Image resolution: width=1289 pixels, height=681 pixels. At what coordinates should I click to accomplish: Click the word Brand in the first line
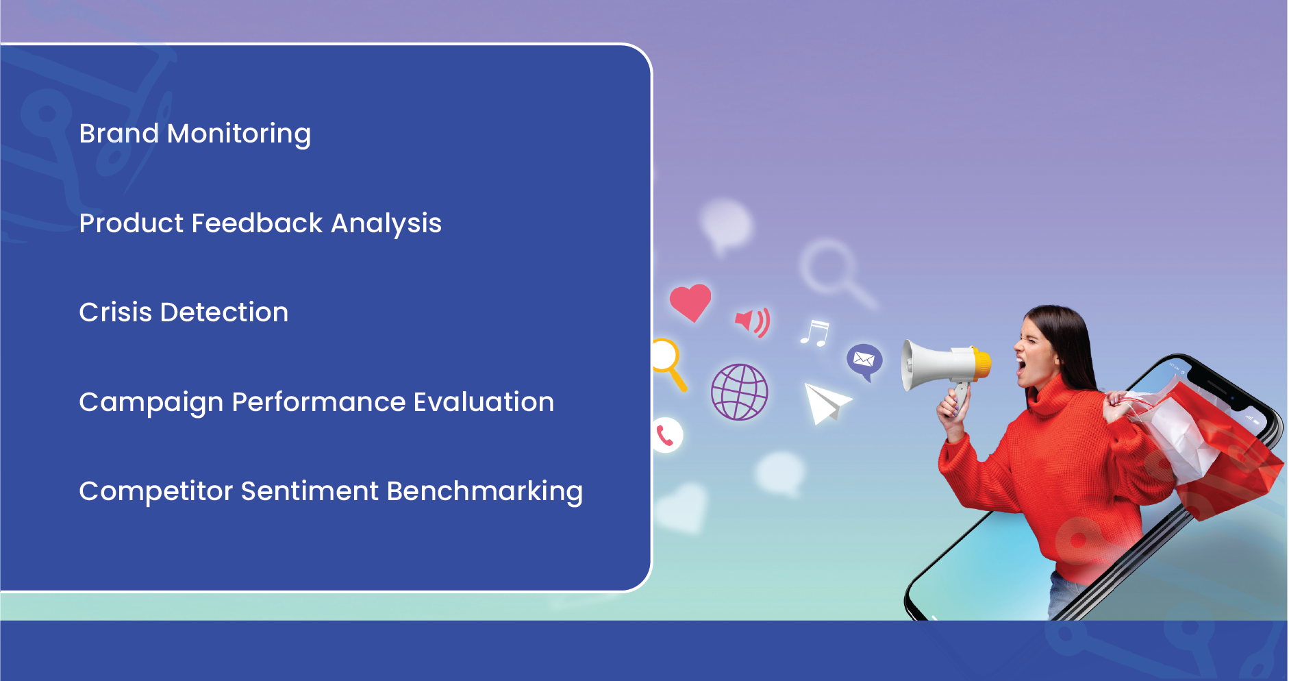[x=119, y=133]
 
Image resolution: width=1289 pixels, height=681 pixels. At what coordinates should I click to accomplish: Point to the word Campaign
[x=151, y=403]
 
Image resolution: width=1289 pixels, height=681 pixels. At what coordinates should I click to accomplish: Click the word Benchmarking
[x=484, y=492]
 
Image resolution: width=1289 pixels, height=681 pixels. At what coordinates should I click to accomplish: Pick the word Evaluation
[x=484, y=401]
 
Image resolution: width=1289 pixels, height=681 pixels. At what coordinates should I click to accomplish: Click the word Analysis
[x=386, y=224]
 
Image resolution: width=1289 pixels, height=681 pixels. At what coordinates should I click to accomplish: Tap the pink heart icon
[x=690, y=302]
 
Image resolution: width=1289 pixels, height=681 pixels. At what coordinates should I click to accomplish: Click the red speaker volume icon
[x=753, y=321]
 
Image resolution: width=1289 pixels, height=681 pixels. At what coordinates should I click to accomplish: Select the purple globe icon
[x=740, y=392]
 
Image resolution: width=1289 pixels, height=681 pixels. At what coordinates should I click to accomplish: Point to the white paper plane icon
[x=827, y=403]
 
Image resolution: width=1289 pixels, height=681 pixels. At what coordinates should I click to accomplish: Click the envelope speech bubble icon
[x=864, y=361]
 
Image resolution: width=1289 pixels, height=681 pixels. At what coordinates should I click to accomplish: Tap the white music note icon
[x=815, y=334]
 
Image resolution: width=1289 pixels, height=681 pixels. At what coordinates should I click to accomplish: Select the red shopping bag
[x=1226, y=453]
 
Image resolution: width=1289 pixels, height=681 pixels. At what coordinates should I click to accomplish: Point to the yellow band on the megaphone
[x=982, y=363]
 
